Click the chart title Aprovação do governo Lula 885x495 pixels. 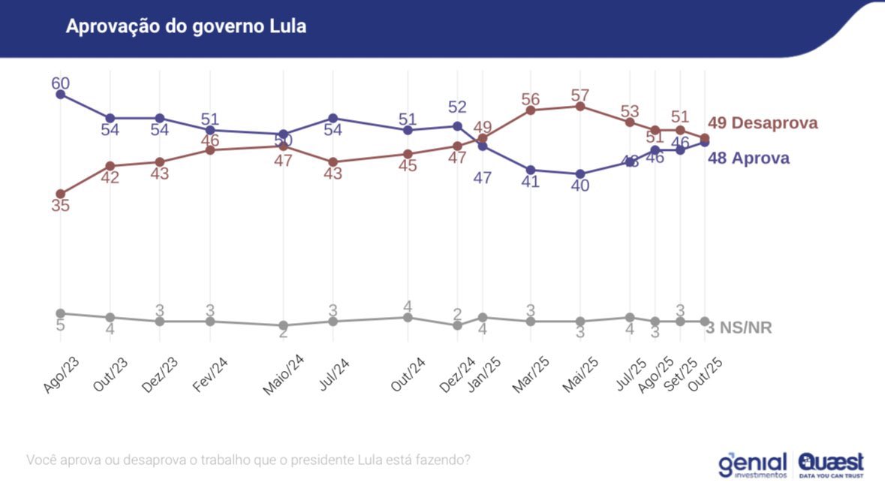(185, 26)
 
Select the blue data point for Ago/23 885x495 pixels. (60, 95)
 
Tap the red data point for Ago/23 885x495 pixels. (60, 194)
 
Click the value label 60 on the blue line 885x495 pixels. (60, 83)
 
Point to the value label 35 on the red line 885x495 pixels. (60, 206)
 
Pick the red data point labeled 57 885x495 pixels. (579, 107)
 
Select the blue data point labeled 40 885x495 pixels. (579, 174)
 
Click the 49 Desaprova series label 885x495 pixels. (762, 123)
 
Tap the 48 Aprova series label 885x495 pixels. (748, 158)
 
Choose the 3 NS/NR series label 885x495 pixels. (739, 327)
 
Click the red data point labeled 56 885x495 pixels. (531, 110)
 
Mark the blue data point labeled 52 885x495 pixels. (457, 126)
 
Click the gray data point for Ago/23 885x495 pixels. (60, 313)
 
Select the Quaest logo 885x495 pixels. (831, 464)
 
